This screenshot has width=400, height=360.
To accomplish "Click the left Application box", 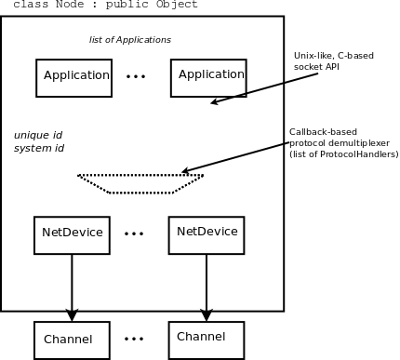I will point(73,78).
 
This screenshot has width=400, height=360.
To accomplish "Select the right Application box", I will point(208,78).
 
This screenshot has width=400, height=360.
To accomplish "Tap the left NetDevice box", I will point(72,235).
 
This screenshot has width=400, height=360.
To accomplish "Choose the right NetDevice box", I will point(206,235).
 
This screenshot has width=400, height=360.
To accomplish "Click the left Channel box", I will point(72,340).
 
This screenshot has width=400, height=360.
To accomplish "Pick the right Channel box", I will point(206,340).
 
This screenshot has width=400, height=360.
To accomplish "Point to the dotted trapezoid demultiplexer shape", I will point(140,183).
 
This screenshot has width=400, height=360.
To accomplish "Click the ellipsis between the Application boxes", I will point(136,77).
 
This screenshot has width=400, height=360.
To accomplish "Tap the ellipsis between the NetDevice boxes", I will point(134,234).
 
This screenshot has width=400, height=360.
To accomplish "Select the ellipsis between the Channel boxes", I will point(135,339).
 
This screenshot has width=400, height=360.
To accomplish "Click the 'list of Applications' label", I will point(130,40).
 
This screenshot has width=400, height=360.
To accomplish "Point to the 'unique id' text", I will point(37,135).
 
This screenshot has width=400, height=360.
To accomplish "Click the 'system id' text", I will point(39,148).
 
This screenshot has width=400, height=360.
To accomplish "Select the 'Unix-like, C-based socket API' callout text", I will point(333,61).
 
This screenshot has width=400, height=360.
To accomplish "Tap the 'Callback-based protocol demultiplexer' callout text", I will point(343,142).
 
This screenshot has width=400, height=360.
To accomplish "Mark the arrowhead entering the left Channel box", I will point(72,315).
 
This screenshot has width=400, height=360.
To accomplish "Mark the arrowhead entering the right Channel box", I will point(206,315).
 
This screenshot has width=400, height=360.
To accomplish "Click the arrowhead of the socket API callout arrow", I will point(216,101).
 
